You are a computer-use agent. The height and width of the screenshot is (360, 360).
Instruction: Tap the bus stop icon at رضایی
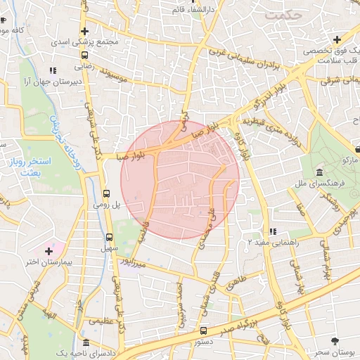[x=84, y=54]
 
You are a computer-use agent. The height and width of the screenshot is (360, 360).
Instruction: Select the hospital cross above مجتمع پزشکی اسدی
[x=84, y=32]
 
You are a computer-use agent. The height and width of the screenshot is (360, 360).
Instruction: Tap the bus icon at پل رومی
[x=106, y=193]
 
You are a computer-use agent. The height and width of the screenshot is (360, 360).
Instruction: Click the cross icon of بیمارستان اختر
[x=49, y=251]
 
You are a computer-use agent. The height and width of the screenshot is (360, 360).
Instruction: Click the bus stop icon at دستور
[x=204, y=330]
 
